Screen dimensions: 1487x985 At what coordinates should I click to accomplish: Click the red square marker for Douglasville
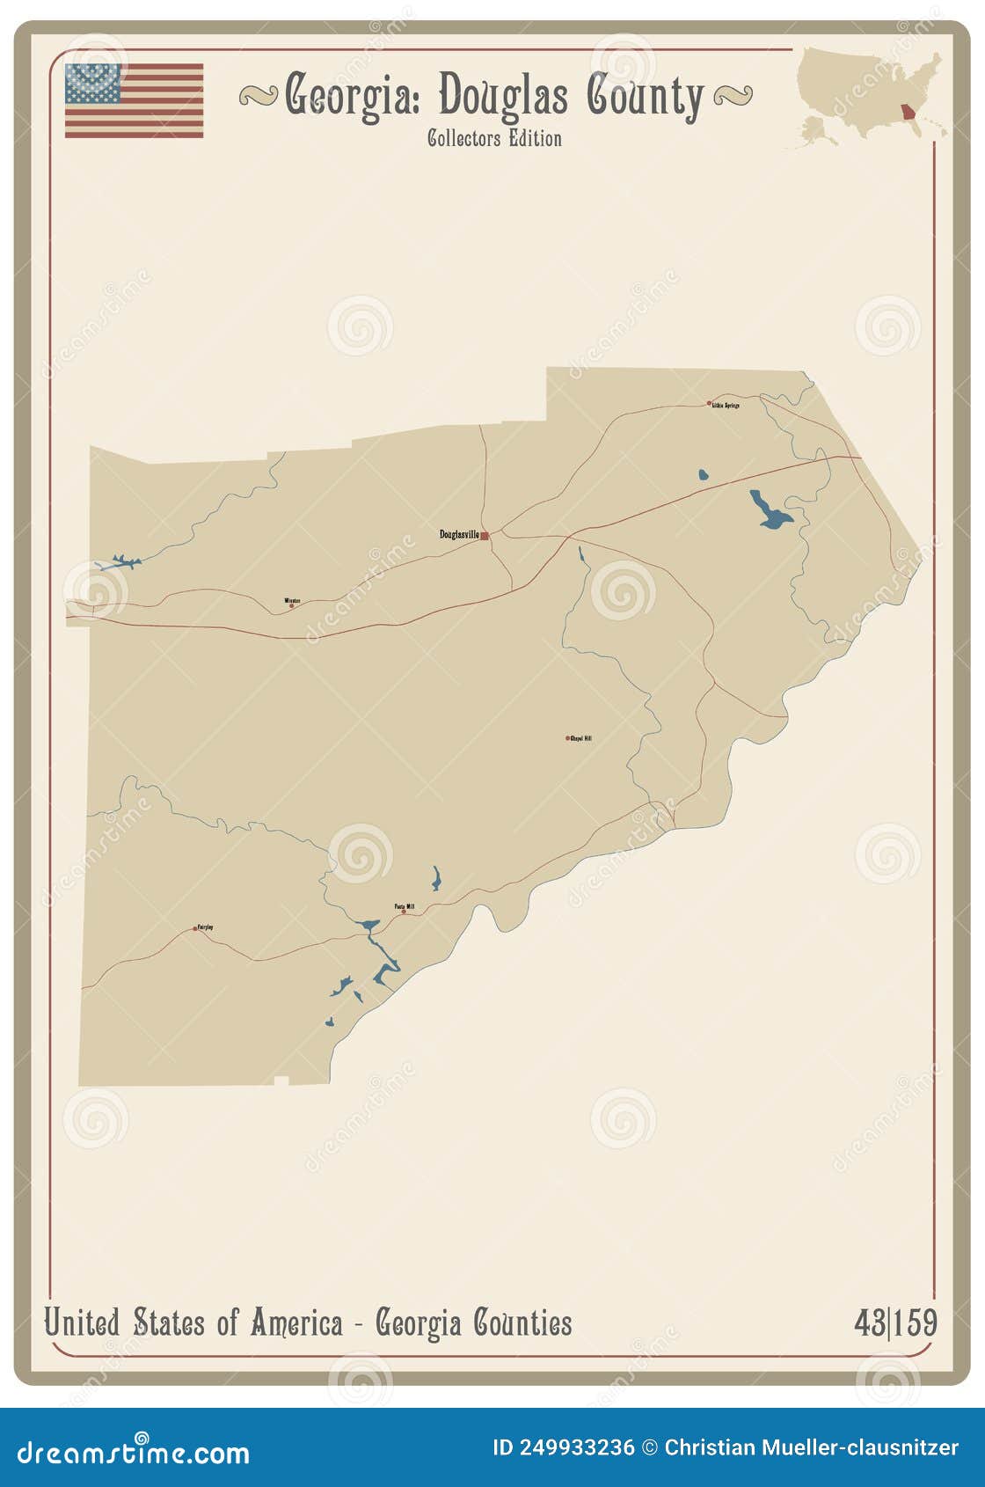[x=485, y=535]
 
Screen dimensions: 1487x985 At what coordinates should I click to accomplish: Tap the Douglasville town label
[x=459, y=534]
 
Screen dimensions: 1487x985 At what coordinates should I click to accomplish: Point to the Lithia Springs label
[x=726, y=406]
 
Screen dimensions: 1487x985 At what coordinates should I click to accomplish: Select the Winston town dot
[x=291, y=605]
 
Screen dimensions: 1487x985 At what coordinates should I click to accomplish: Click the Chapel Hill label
[x=581, y=738]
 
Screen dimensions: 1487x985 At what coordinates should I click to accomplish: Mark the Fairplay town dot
[x=195, y=928]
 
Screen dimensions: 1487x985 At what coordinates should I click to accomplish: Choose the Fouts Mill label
[x=405, y=906]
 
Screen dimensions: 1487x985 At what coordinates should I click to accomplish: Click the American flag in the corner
[x=134, y=100]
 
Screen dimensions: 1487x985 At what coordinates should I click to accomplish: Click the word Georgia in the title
[x=352, y=96]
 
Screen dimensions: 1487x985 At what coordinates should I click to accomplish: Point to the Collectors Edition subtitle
[x=494, y=138]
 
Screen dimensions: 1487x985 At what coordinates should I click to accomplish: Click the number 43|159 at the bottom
[x=894, y=1322]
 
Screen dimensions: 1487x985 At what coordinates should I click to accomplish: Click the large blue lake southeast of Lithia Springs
[x=769, y=511]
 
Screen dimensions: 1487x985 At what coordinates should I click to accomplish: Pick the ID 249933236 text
[x=563, y=1447]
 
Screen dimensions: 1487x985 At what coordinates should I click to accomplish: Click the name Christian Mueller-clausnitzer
[x=811, y=1447]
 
